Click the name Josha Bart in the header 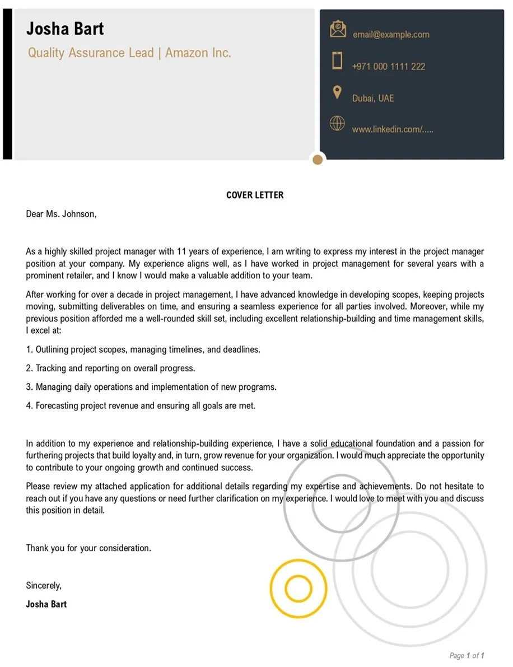pyautogui.click(x=65, y=29)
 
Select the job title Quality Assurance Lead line pyautogui.click(x=129, y=53)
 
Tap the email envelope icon pyautogui.click(x=338, y=29)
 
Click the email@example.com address pyautogui.click(x=391, y=35)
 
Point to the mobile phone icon pyautogui.click(x=337, y=60)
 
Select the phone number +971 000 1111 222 pyautogui.click(x=389, y=67)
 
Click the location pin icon pyautogui.click(x=337, y=92)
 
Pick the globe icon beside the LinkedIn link pyautogui.click(x=337, y=123)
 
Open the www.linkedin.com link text pyautogui.click(x=393, y=129)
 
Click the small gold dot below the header pyautogui.click(x=318, y=160)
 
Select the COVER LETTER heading pyautogui.click(x=255, y=195)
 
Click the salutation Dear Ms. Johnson pyautogui.click(x=61, y=214)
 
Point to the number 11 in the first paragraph pyautogui.click(x=181, y=251)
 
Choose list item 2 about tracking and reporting pyautogui.click(x=110, y=369)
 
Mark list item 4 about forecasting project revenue pyautogui.click(x=141, y=405)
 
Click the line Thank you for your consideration pyautogui.click(x=88, y=548)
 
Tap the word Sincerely pyautogui.click(x=44, y=585)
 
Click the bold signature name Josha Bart pyautogui.click(x=46, y=604)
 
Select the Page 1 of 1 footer pyautogui.click(x=467, y=655)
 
